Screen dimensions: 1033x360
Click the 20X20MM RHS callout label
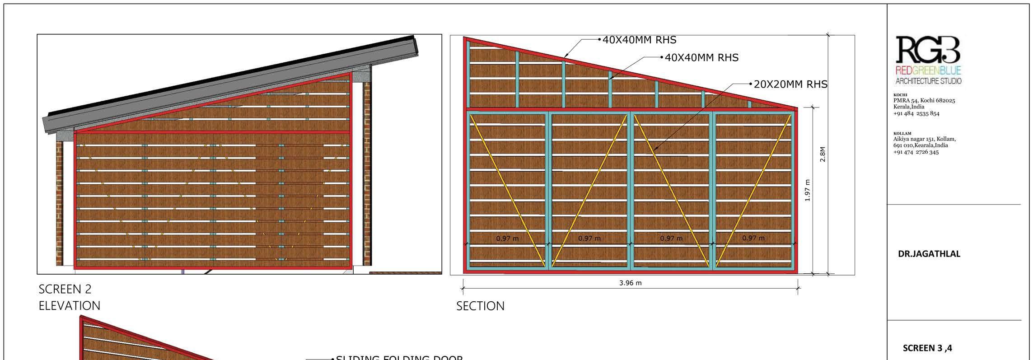point(790,84)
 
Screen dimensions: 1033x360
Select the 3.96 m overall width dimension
point(630,283)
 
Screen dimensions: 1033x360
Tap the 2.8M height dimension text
point(823,154)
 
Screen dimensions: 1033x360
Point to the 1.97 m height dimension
point(808,190)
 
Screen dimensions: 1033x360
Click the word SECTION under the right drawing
point(480,306)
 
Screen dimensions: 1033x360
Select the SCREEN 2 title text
point(65,289)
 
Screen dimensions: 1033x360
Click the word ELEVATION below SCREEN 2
point(70,306)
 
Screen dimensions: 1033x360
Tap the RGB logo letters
point(928,50)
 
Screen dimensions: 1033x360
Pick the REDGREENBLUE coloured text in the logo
point(928,70)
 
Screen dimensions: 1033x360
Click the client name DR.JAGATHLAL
point(928,254)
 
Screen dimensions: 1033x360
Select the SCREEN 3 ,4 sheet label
point(927,348)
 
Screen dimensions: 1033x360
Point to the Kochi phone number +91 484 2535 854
point(916,113)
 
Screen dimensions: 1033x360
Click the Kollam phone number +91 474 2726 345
point(916,152)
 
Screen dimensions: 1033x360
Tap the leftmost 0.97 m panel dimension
point(507,238)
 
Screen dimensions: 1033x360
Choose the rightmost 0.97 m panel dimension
point(753,238)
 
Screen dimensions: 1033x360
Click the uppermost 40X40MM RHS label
point(639,40)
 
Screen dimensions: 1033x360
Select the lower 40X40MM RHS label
point(701,58)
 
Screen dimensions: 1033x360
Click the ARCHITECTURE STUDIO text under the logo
point(928,81)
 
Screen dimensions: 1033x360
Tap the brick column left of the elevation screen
point(59,203)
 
